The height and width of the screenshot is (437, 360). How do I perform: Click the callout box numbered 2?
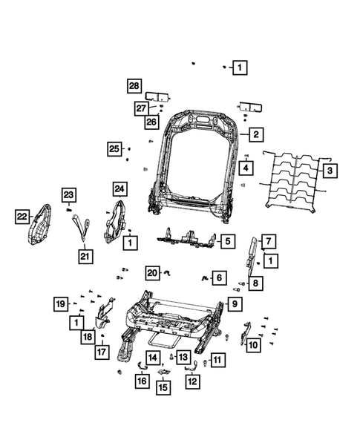(x=255, y=135)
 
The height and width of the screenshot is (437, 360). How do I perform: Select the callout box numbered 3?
(x=331, y=171)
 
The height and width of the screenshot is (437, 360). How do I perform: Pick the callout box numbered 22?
(x=22, y=216)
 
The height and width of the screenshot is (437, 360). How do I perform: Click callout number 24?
(x=120, y=188)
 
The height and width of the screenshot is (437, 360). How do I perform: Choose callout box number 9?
(x=233, y=303)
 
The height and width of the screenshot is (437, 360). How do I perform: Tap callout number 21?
(x=85, y=257)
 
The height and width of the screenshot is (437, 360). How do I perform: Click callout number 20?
(x=152, y=272)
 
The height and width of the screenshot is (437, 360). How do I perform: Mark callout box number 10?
(x=253, y=344)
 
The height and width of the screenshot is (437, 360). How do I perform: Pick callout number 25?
(x=114, y=149)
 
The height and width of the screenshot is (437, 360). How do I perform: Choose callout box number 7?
(x=268, y=240)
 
